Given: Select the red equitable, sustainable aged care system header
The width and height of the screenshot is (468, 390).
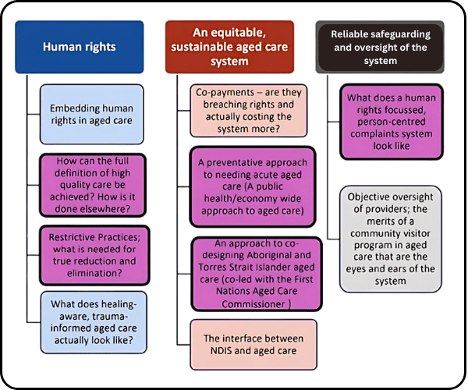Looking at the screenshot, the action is [230, 46].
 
